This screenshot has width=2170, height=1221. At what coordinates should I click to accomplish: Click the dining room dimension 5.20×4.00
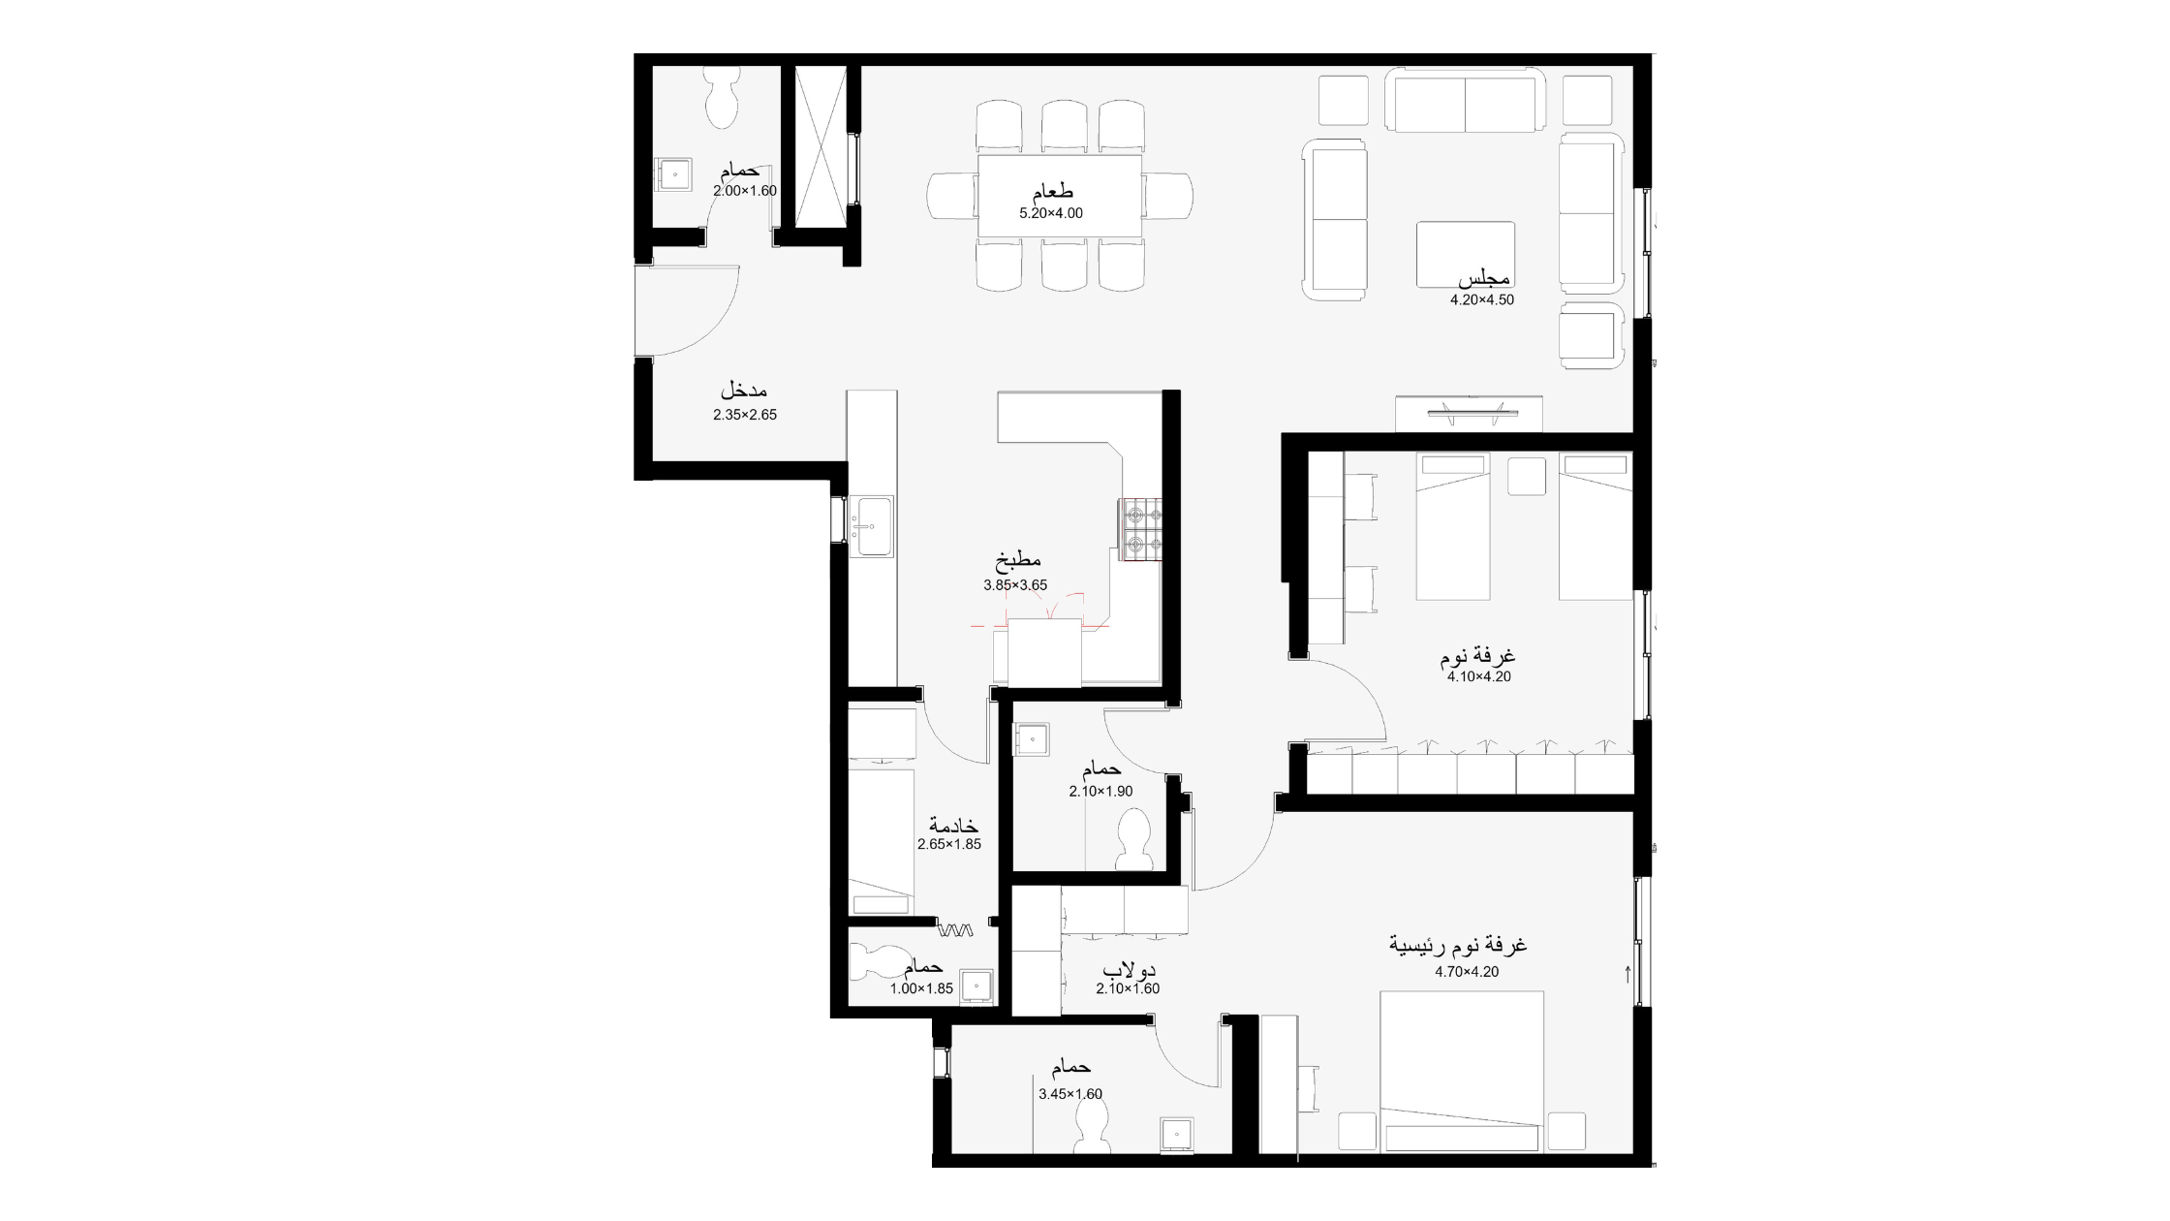(x=1051, y=213)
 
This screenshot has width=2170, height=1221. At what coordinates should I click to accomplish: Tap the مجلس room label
(x=1483, y=279)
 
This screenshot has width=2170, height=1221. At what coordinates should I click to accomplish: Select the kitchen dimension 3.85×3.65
(x=1015, y=585)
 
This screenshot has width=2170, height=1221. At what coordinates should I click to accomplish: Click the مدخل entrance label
(x=744, y=391)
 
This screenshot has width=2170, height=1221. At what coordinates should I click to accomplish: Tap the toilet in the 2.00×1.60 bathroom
(x=722, y=97)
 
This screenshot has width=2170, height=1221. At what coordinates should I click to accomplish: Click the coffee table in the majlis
(x=1465, y=254)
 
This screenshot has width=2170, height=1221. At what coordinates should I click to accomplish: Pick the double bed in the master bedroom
(x=1462, y=1071)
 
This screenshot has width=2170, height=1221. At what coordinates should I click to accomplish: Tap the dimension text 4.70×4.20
(x=1467, y=972)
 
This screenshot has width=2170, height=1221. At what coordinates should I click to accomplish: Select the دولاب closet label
(x=1130, y=970)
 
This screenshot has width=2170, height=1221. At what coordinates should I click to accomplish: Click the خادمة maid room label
(x=953, y=826)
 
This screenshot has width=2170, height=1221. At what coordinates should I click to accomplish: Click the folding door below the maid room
(x=955, y=931)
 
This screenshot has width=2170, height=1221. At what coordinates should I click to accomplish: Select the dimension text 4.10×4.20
(x=1479, y=677)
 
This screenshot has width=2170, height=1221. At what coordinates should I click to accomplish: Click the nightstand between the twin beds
(x=1526, y=475)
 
